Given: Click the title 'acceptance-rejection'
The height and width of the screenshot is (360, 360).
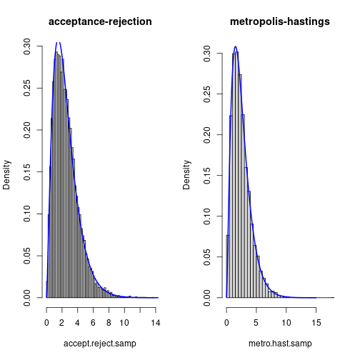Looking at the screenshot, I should (x=100, y=21).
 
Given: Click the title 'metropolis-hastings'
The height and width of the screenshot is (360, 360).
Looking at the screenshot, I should (x=280, y=21).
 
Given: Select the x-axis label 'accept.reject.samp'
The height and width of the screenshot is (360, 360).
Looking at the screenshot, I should (x=100, y=344).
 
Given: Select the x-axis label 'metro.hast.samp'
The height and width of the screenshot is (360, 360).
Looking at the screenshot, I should (x=280, y=344).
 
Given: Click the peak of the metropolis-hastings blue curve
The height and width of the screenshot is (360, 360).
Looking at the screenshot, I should (x=236, y=47).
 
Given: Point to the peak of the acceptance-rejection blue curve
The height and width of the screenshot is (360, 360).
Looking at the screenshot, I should (x=59, y=42).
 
